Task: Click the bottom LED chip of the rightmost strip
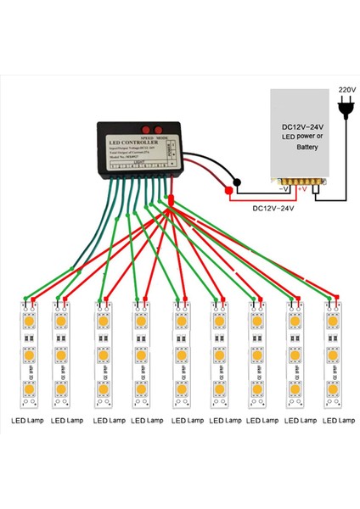(x=333, y=389)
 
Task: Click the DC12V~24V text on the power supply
(x=303, y=132)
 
